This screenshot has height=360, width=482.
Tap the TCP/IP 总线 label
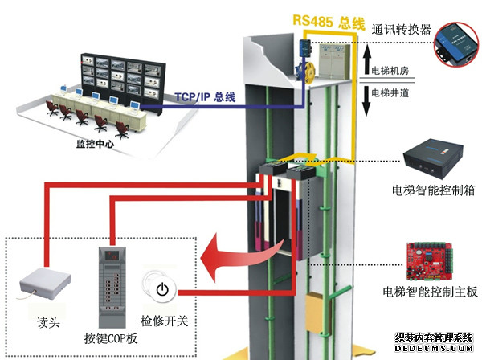pos(205,97)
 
